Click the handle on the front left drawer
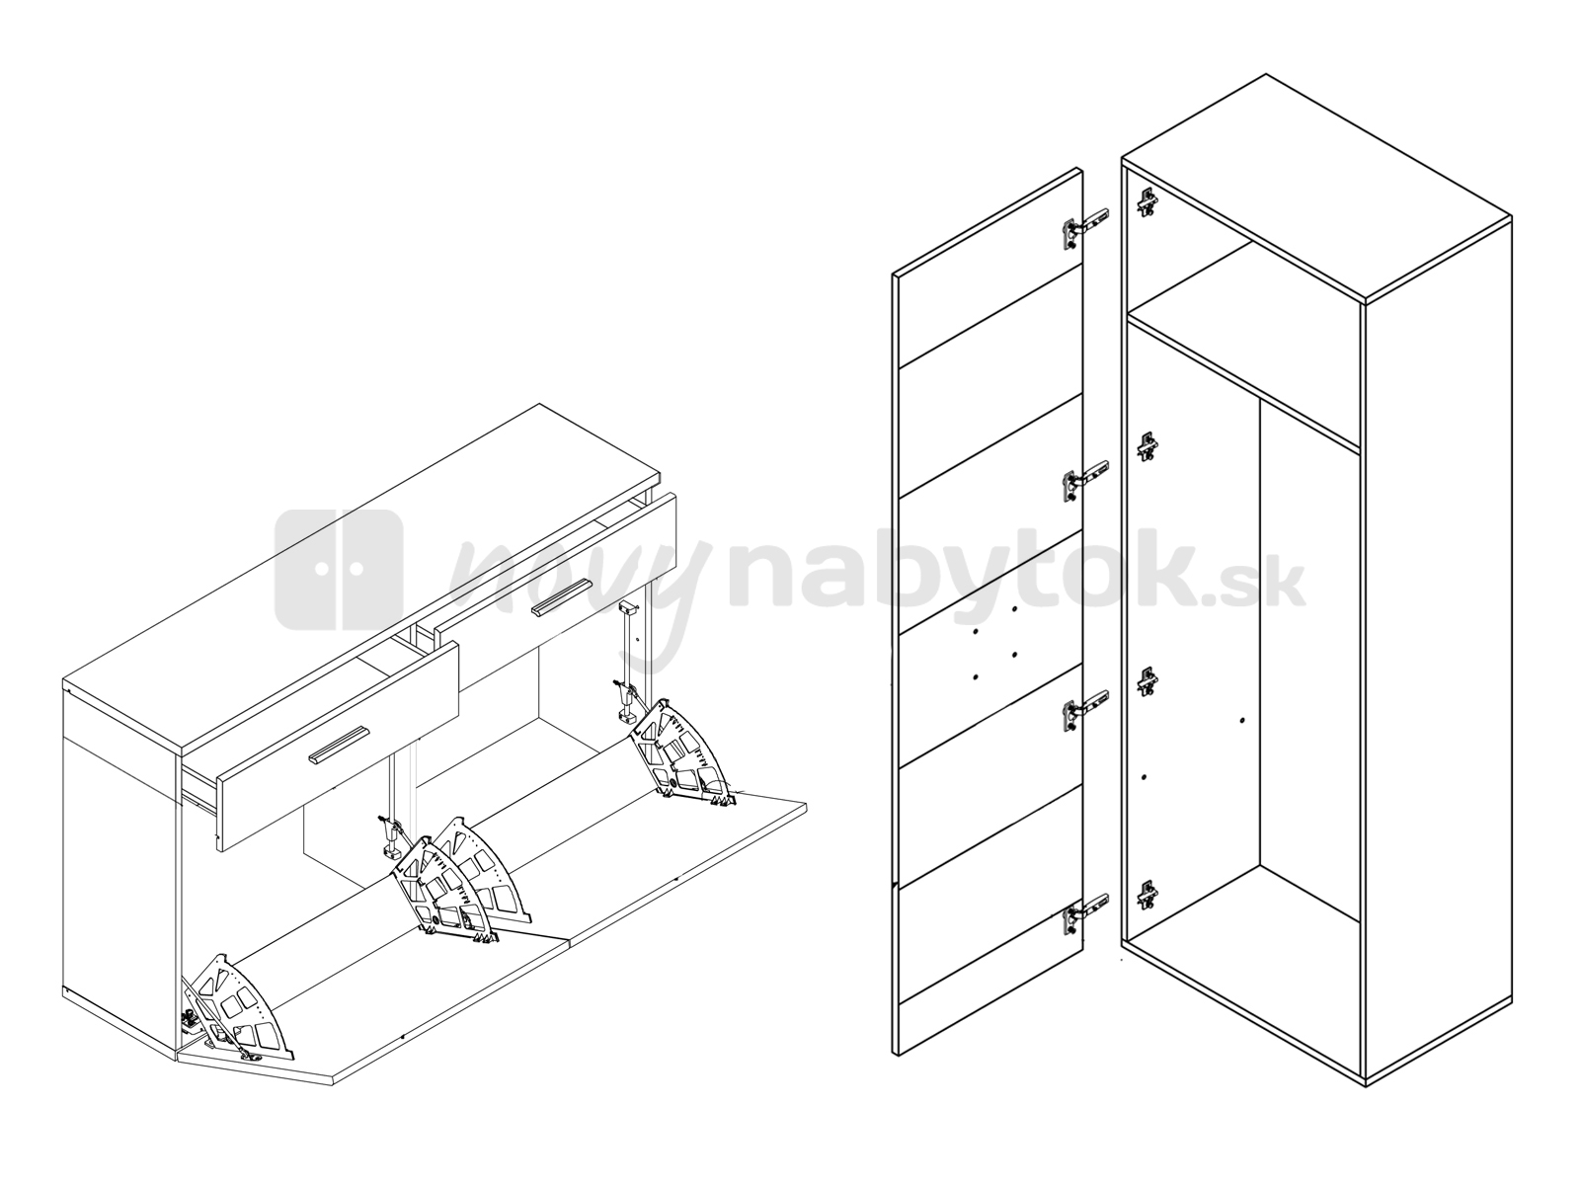click(x=339, y=745)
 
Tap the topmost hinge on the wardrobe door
click(x=1085, y=228)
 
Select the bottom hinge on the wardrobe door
click(x=1085, y=916)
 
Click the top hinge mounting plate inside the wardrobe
click(x=1146, y=202)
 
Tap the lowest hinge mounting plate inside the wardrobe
click(x=1147, y=896)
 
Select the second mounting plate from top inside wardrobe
click(x=1147, y=446)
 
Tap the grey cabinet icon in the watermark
click(x=339, y=570)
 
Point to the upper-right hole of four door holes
click(x=1014, y=609)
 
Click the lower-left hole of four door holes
click(x=976, y=677)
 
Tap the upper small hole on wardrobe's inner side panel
click(x=1242, y=720)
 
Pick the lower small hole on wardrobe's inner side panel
click(x=1144, y=777)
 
